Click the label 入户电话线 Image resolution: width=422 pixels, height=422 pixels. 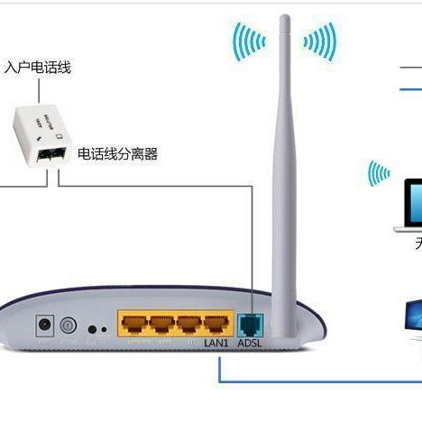pyautogui.click(x=38, y=68)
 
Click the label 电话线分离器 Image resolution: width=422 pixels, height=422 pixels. pyautogui.click(x=117, y=154)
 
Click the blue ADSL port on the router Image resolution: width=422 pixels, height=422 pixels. pyautogui.click(x=248, y=323)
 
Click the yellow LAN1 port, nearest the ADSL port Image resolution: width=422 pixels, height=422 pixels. pyautogui.click(x=216, y=323)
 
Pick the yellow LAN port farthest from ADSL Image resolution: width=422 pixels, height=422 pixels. pyautogui.click(x=134, y=323)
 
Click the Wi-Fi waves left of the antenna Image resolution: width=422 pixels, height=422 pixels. pyautogui.click(x=248, y=41)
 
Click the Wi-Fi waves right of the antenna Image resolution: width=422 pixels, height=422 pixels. pyautogui.click(x=321, y=41)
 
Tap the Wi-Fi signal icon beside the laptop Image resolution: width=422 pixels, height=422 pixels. pyautogui.click(x=378, y=173)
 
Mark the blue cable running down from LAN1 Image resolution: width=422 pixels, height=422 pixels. pyautogui.click(x=219, y=365)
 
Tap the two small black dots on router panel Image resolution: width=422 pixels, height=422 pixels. pyautogui.click(x=97, y=329)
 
